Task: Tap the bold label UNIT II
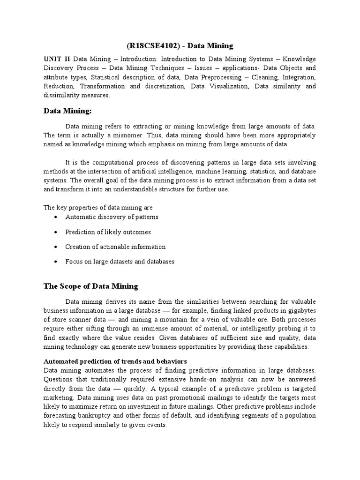click(57, 59)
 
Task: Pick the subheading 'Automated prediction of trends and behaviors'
click(115, 361)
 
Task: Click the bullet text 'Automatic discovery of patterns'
click(112, 217)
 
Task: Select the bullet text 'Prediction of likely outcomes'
click(108, 232)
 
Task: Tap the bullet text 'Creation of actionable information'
click(115, 247)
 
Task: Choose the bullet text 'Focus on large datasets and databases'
click(120, 262)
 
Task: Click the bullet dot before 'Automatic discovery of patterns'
click(56, 217)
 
